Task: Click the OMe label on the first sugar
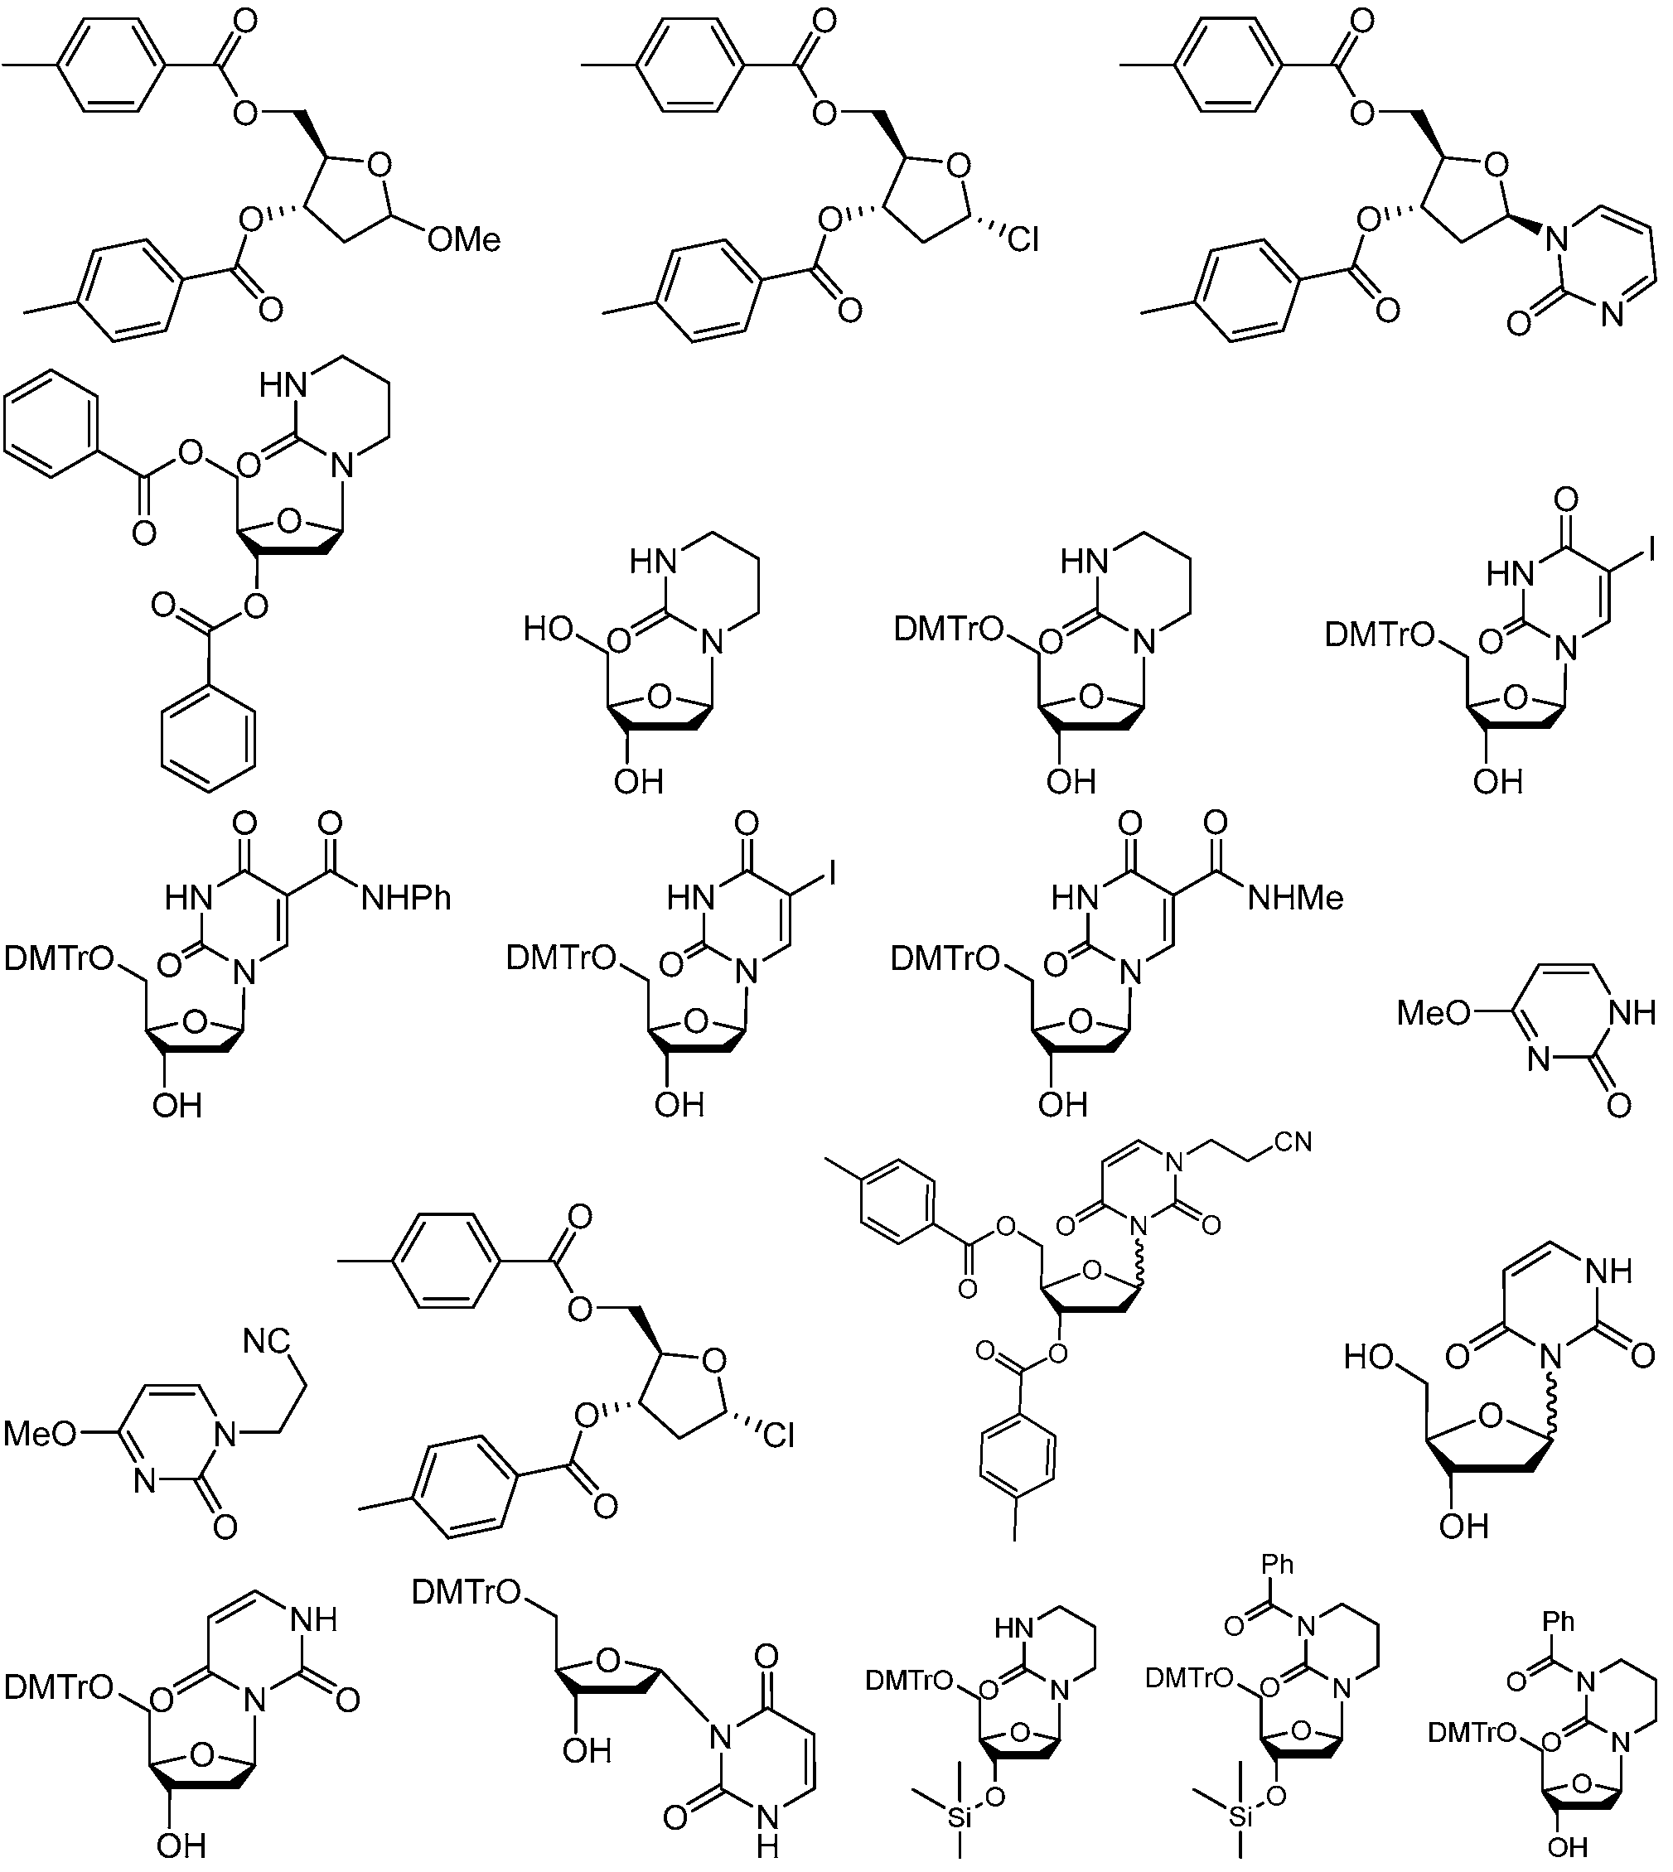[464, 240]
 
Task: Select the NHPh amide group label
[407, 898]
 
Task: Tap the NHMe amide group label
[1296, 898]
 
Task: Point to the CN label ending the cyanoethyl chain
[1293, 1142]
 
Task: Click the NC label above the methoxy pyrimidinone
[267, 1343]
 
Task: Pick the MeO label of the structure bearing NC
[41, 1434]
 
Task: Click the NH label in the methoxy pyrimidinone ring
[1633, 1013]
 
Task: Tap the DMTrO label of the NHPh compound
[59, 958]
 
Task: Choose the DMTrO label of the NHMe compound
[946, 958]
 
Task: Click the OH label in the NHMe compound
[1064, 1105]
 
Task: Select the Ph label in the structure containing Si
[1278, 1564]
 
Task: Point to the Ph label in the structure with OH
[1559, 1622]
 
